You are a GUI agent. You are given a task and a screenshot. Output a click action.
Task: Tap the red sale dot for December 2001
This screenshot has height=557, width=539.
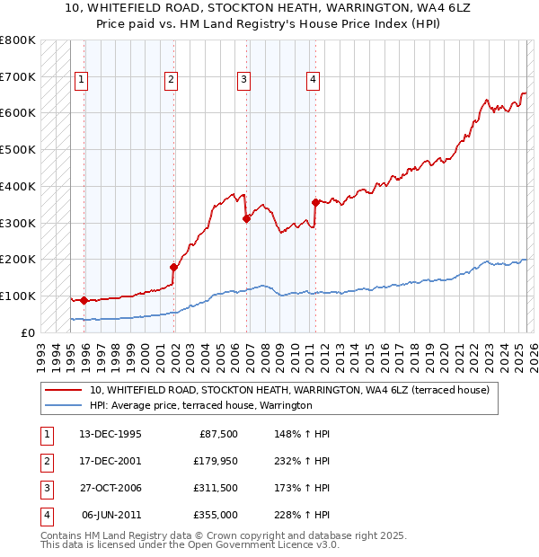coord(173,266)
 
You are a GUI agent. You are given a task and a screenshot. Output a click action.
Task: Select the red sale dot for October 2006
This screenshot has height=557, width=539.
coord(246,217)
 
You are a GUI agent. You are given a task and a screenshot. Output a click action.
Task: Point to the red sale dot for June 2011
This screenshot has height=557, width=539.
coord(315,202)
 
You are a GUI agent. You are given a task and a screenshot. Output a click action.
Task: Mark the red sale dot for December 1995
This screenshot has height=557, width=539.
coord(84,300)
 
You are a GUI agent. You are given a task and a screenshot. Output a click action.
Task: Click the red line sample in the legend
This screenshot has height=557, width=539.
coord(63,390)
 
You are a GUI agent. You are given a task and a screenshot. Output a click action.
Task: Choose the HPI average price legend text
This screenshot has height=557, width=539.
coord(199,406)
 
